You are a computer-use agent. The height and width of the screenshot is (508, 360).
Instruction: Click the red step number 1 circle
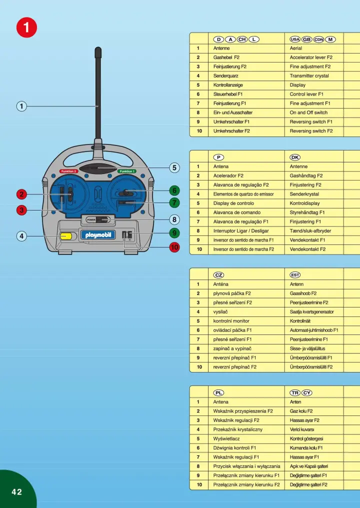point(26,27)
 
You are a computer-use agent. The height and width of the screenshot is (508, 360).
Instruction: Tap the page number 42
point(17,491)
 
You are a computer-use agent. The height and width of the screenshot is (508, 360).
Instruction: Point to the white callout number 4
point(21,235)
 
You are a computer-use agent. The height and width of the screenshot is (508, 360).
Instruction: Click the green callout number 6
point(174,190)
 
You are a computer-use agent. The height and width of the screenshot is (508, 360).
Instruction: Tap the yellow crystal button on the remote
point(65,235)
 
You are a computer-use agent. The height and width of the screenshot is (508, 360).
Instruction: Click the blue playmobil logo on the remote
point(98,234)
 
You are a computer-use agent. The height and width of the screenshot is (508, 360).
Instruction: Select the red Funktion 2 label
point(68,171)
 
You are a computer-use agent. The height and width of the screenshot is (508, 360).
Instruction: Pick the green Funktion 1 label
point(127,171)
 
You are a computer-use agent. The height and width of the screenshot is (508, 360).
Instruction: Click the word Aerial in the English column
point(296,48)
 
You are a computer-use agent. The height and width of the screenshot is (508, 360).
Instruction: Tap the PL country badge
point(218,392)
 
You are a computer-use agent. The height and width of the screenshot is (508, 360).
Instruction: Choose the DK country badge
point(295,157)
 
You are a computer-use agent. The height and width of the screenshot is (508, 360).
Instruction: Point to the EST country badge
point(295,275)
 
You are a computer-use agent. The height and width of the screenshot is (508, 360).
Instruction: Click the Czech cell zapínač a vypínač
point(232,348)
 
